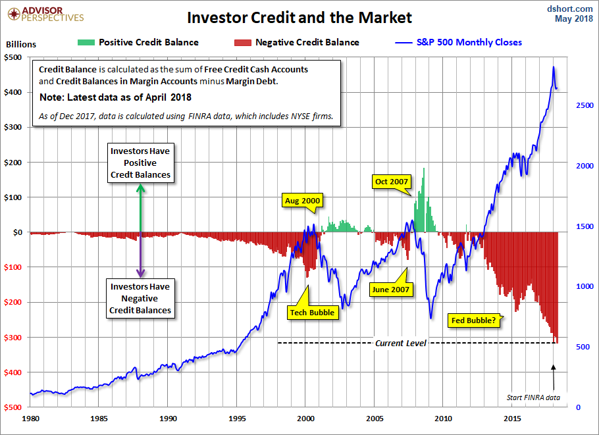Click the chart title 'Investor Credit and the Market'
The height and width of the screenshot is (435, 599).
coord(299,17)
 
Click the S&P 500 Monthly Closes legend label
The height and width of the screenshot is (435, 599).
coord(469,42)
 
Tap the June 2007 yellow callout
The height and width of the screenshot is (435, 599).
coord(390,289)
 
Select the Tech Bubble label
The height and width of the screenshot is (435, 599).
coord(313,313)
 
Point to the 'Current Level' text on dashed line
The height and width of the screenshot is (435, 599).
coord(400,343)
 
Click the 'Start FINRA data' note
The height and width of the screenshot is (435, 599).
coord(533,397)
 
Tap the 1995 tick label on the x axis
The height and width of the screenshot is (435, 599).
coord(238,418)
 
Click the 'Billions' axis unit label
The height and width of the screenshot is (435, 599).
coord(21,45)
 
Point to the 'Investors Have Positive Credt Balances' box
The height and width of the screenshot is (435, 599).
coord(140,163)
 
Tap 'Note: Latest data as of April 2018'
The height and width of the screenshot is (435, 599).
coord(115,97)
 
